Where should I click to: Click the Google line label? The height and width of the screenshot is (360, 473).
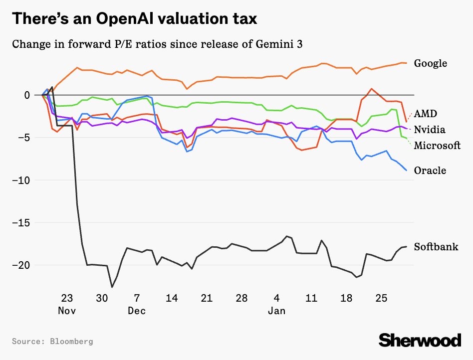430,63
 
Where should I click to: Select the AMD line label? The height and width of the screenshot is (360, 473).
425,114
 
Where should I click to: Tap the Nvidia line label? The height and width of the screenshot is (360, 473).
430,130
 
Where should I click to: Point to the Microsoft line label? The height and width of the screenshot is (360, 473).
437,146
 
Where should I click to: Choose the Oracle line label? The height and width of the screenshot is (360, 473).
430,171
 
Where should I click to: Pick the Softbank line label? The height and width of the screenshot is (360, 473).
436,247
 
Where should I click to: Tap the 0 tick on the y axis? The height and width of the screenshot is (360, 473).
27,95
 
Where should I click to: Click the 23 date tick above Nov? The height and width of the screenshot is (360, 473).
67,299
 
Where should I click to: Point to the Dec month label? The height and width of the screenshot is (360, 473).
137,311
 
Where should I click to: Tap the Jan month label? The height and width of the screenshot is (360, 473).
276,311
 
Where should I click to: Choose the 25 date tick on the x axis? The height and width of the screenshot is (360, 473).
381,299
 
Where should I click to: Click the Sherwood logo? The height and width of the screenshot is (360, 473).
420,340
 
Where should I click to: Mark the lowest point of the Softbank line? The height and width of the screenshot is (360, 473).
112,287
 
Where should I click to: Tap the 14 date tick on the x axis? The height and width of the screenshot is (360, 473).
172,299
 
